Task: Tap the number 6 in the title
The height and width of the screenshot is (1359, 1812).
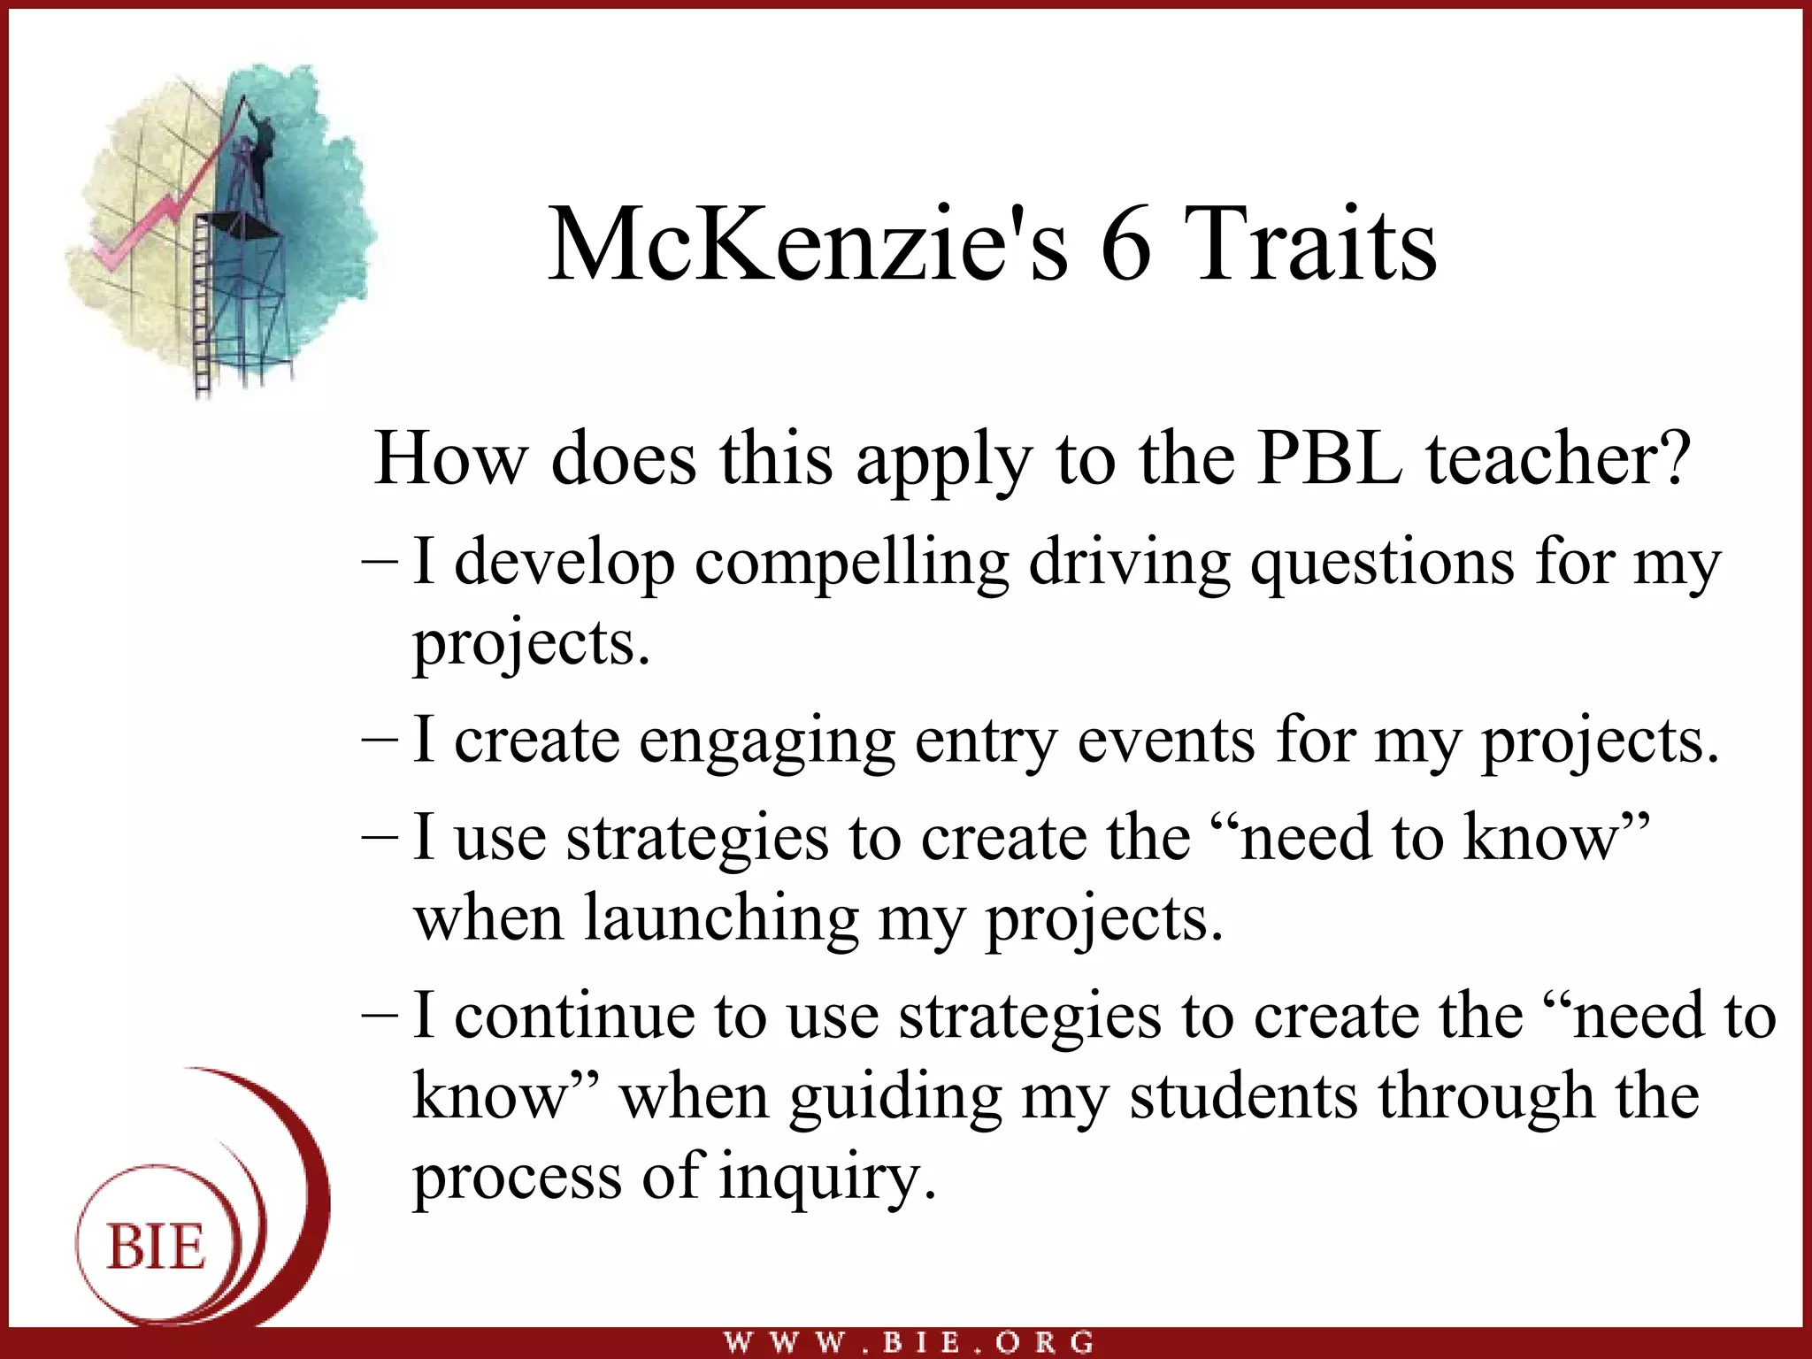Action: point(1125,247)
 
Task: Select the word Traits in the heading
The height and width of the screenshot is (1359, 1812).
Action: point(1309,245)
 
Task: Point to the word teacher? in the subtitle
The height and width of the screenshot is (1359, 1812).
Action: point(1557,459)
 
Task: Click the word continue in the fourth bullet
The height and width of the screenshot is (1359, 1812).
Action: point(574,1017)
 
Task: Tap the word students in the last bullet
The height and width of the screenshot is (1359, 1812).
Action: point(1243,1097)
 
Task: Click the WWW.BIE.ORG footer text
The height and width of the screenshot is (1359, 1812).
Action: point(909,1342)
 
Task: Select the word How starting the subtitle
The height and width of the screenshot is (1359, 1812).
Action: point(449,459)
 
